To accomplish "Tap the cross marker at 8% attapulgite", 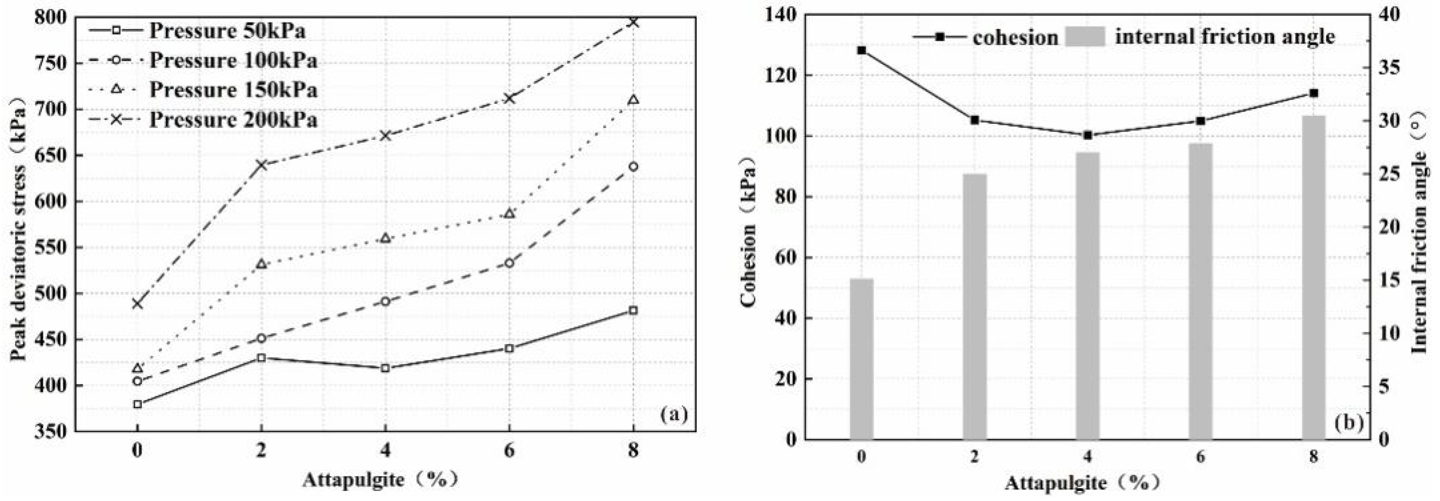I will point(633,23).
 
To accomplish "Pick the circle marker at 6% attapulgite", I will point(509,262).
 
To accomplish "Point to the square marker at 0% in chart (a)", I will point(138,404).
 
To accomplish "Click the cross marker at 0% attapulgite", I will point(138,304).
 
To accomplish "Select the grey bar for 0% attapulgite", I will point(862,358).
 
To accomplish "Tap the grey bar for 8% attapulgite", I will point(1313,277).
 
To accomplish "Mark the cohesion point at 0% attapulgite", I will point(862,50).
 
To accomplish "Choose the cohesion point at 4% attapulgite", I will point(1087,135).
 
